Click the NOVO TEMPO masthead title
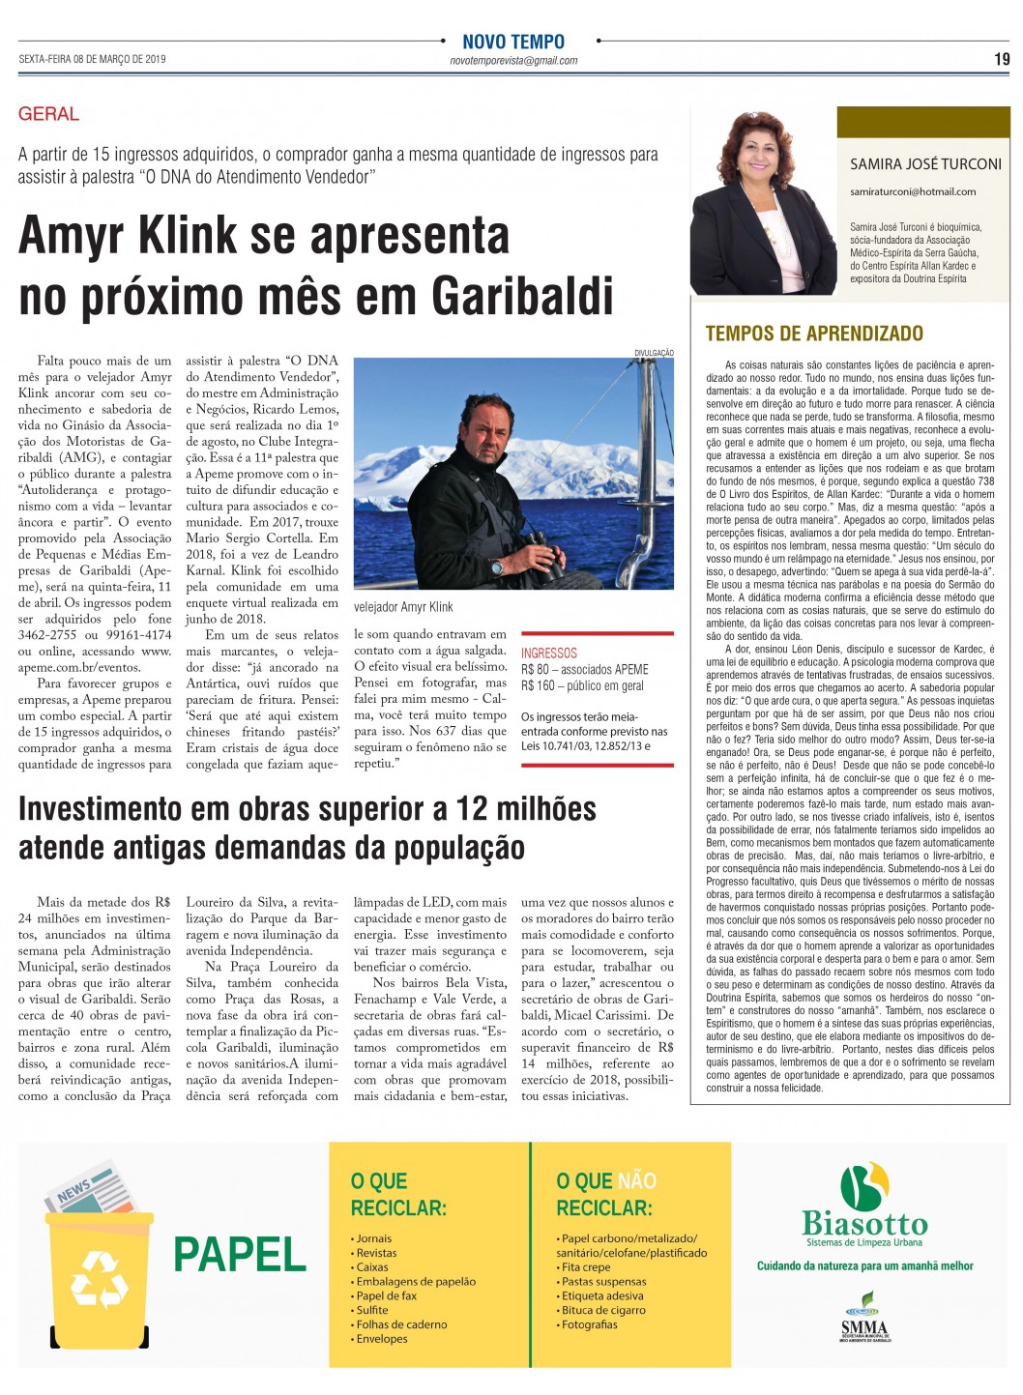[512, 42]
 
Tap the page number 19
[1002, 59]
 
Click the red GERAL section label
[48, 114]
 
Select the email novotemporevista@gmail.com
[513, 61]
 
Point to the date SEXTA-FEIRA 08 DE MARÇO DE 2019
[92, 60]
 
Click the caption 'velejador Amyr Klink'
[403, 607]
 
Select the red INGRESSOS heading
[548, 654]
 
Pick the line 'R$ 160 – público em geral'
[582, 685]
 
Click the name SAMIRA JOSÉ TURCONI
[925, 164]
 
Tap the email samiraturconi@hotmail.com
[913, 191]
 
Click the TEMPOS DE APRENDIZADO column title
[814, 334]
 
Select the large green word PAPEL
[240, 1255]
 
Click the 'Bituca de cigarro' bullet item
[603, 1310]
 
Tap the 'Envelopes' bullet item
[382, 1339]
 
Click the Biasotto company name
[864, 1223]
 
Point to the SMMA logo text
[863, 1328]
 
